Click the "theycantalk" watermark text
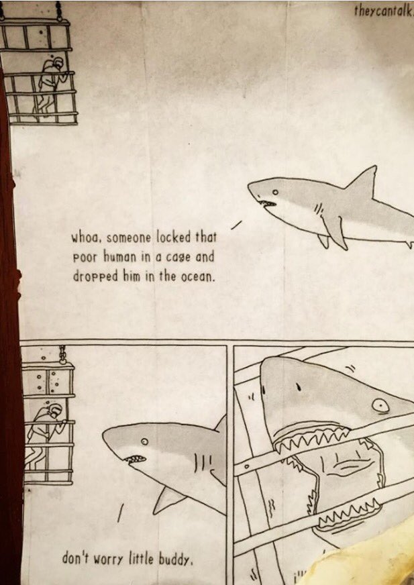click(x=384, y=12)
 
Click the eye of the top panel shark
click(x=275, y=192)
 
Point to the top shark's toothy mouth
click(x=267, y=204)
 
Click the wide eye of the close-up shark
click(x=380, y=405)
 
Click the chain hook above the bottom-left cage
click(x=62, y=355)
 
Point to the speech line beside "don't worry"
click(x=121, y=513)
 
